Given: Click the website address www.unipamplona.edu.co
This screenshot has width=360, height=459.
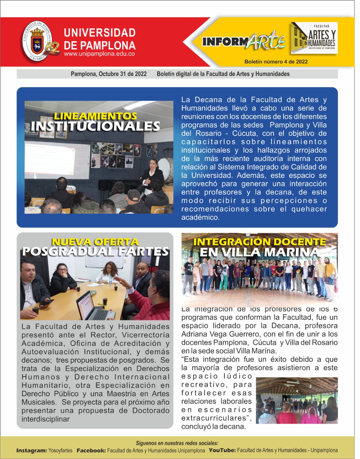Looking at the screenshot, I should click(99, 54).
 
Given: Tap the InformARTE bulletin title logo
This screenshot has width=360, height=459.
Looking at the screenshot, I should click(243, 42).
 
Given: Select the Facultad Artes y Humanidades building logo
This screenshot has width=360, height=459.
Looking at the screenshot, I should click(314, 38).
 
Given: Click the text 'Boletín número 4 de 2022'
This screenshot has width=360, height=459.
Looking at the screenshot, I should click(276, 62).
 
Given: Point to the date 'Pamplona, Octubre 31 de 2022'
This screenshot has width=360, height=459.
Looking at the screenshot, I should click(109, 74).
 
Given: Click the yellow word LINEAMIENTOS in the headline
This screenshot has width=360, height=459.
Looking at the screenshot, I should click(95, 116).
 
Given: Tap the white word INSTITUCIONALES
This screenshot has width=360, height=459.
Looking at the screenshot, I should click(95, 126).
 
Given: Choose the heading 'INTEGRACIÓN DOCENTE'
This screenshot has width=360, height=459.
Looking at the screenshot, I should click(260, 242).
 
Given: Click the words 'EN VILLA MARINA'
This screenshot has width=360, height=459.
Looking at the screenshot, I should click(260, 252).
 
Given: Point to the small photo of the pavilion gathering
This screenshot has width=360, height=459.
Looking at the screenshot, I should click(297, 400).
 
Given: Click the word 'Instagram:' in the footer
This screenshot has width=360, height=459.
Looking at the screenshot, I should click(32, 450).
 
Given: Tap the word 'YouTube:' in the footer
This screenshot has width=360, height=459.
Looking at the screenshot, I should click(222, 450).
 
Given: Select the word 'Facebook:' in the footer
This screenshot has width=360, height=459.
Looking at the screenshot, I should click(91, 450).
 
